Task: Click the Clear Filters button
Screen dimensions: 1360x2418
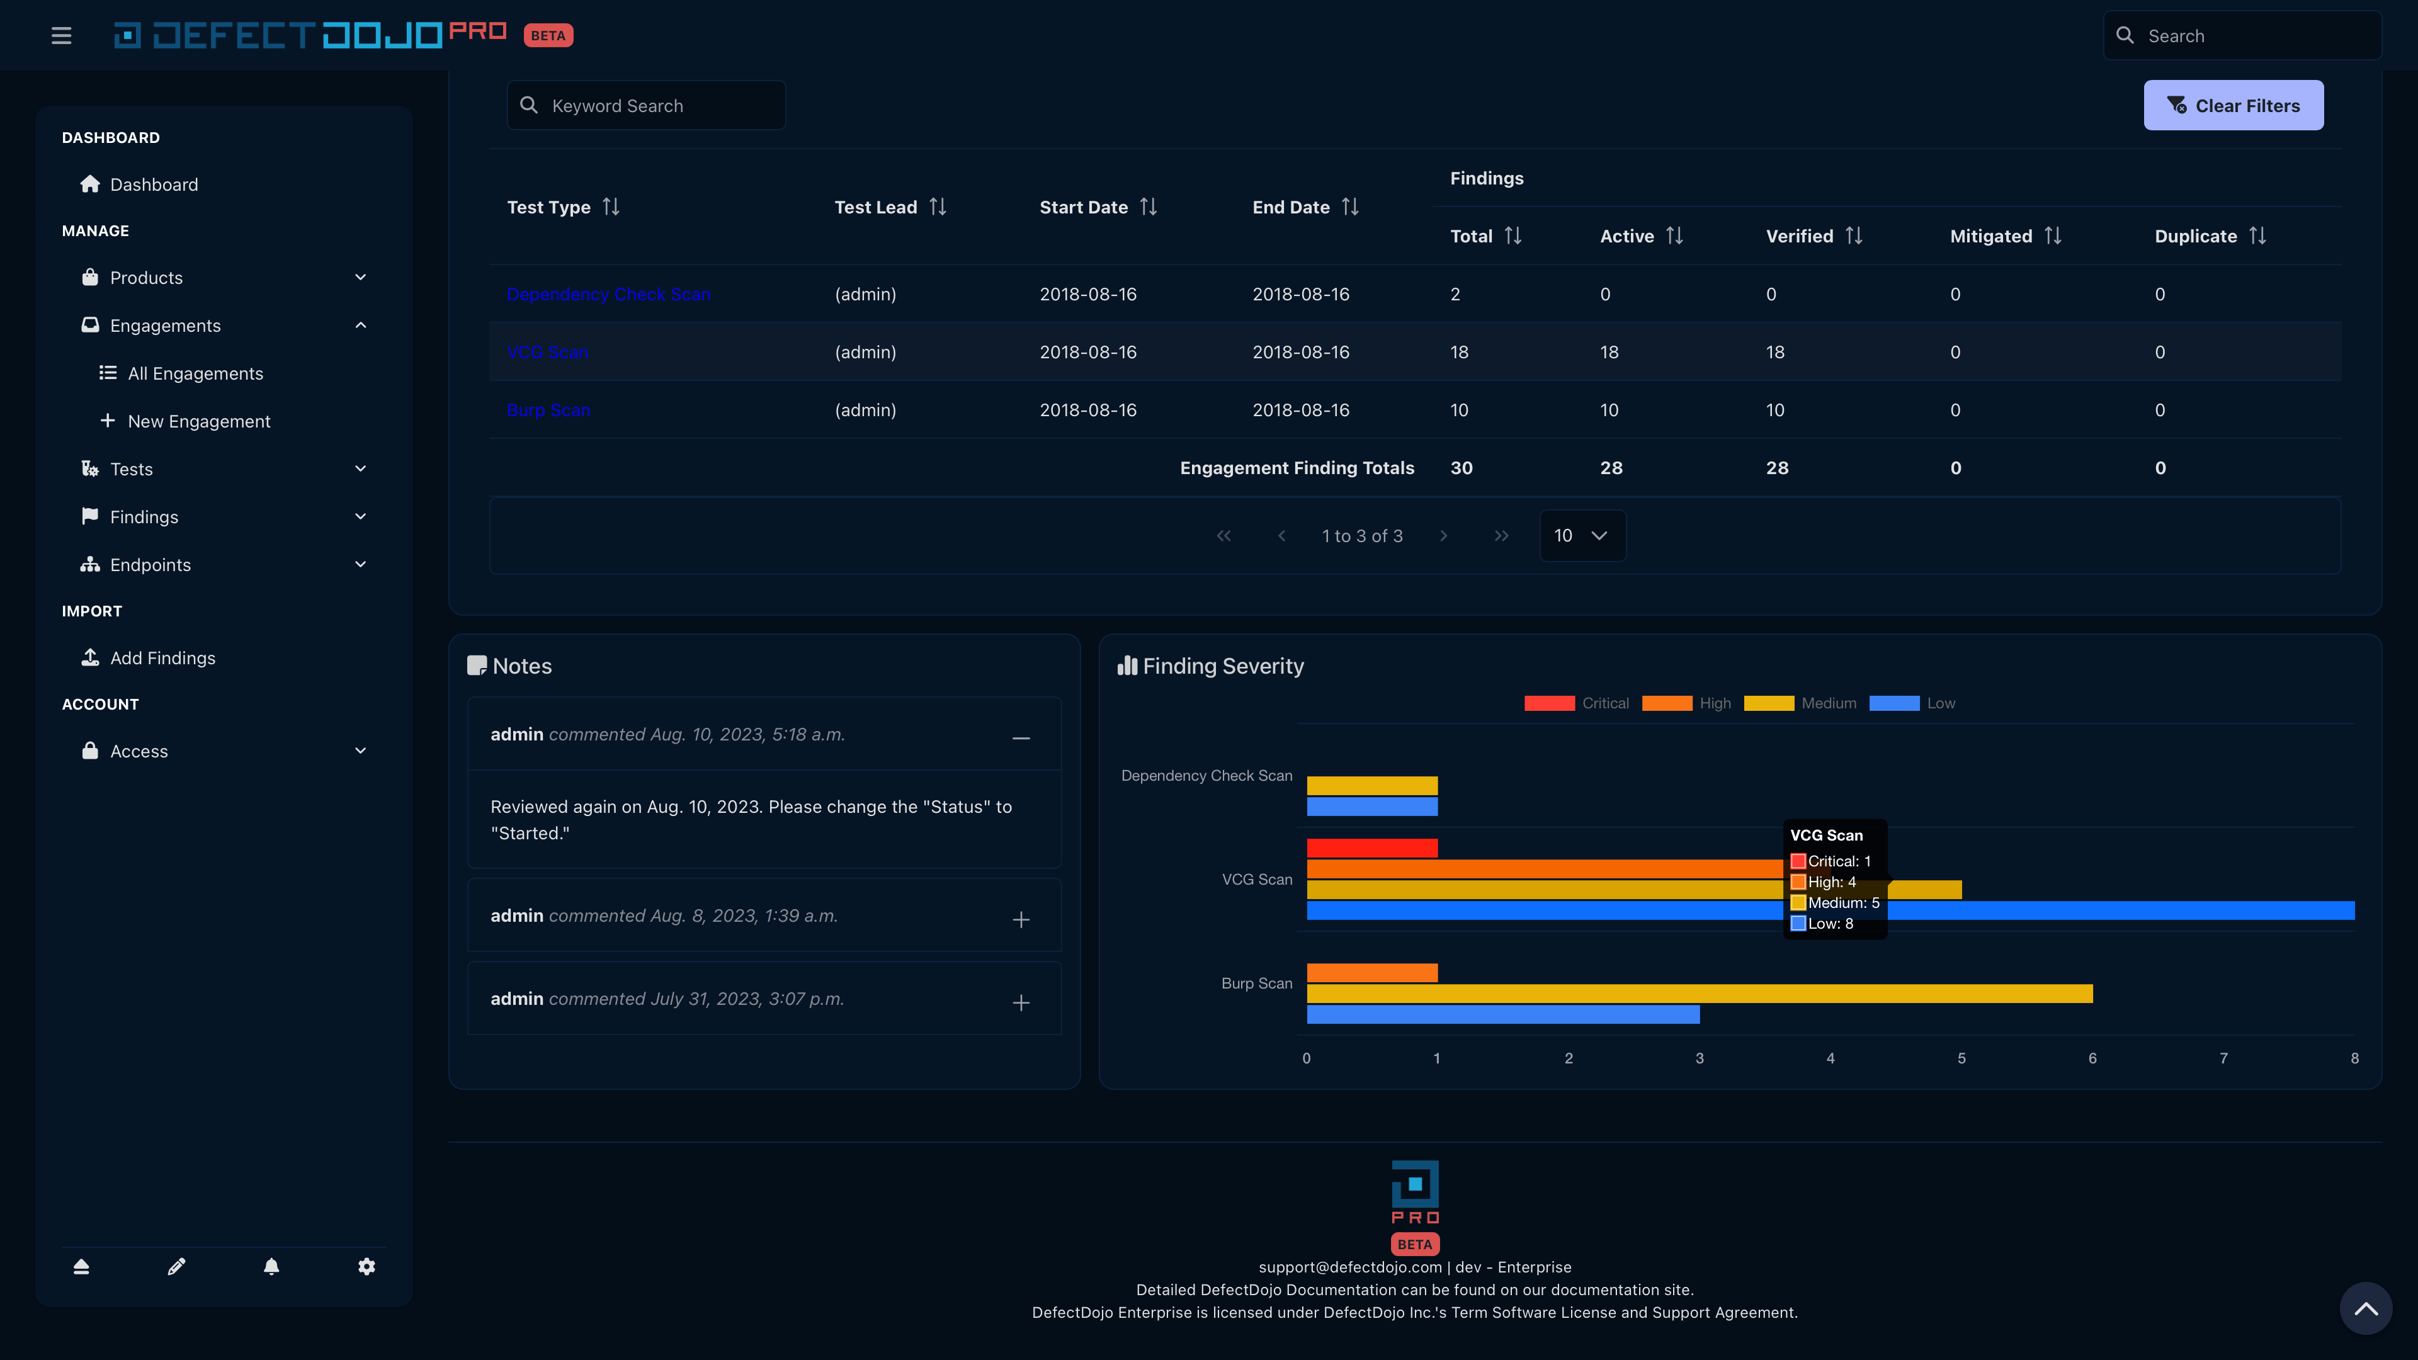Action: coord(2232,105)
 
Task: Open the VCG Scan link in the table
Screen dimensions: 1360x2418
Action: coord(547,352)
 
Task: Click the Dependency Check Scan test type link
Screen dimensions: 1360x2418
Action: coord(608,294)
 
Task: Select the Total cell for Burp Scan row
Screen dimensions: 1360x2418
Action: coord(1459,410)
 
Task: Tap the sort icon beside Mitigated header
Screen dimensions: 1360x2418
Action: coord(2053,235)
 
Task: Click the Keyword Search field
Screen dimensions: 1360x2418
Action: coord(657,105)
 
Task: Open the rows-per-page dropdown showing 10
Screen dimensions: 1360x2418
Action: coord(1582,535)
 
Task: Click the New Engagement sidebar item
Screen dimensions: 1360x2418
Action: coord(198,421)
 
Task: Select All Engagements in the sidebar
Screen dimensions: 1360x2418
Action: coord(195,373)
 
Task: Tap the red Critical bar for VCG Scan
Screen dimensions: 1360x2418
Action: coord(1371,847)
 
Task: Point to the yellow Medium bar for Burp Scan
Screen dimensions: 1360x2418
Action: coord(1699,993)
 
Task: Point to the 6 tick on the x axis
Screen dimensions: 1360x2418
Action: coord(2092,1058)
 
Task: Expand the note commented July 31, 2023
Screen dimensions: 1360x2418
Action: coord(1020,1002)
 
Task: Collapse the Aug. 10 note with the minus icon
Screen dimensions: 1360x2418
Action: coord(1020,739)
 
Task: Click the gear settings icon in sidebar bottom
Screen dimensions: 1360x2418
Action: coord(366,1266)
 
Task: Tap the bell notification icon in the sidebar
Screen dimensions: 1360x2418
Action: coord(271,1266)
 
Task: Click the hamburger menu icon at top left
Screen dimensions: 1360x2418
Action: coord(61,36)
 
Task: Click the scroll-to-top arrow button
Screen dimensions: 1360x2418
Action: coord(2366,1308)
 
